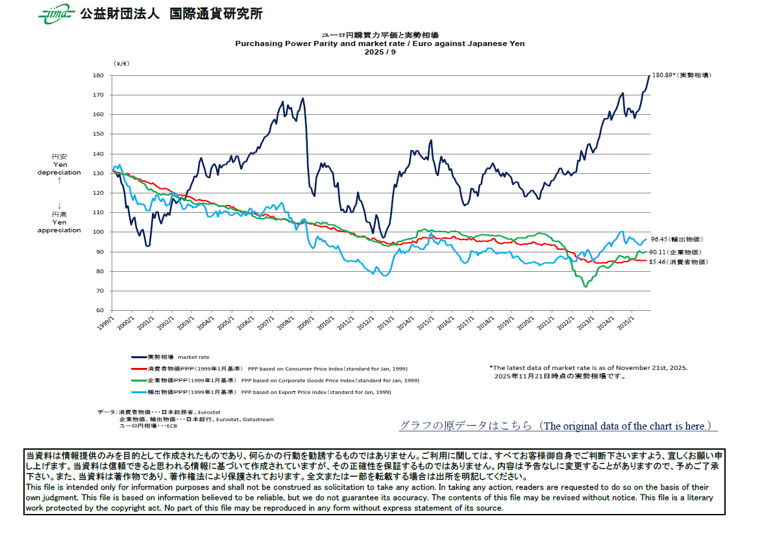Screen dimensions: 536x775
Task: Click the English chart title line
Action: pos(379,43)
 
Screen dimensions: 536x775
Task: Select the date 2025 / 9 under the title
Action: pos(380,52)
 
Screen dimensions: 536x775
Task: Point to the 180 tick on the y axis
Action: pos(98,75)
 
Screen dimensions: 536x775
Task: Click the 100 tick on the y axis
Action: pos(98,232)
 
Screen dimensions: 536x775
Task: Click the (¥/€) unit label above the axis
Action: pos(121,63)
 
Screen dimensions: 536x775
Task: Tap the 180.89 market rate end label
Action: pos(681,75)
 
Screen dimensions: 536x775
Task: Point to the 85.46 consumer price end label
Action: pos(678,262)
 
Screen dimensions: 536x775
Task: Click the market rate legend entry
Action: pos(170,357)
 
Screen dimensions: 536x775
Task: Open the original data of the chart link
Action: pos(558,426)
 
